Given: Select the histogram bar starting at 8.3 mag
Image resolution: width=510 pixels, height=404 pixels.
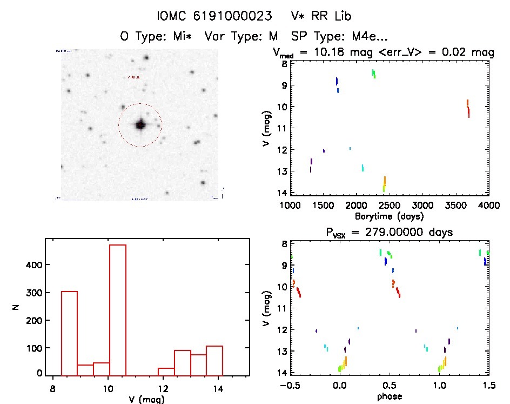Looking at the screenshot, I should tap(69, 333).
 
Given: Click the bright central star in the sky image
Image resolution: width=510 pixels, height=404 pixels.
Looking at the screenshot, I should tap(140, 125).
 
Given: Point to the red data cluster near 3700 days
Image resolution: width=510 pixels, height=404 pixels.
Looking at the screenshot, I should tap(468, 108).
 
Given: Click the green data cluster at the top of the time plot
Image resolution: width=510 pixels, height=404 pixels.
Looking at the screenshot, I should tap(373, 74).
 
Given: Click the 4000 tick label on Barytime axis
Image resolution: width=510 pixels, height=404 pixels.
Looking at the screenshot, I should tap(489, 206).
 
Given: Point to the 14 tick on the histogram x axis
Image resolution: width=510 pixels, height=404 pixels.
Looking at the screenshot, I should tap(218, 387).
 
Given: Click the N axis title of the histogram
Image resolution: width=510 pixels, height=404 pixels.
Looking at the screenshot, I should tap(18, 307).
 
